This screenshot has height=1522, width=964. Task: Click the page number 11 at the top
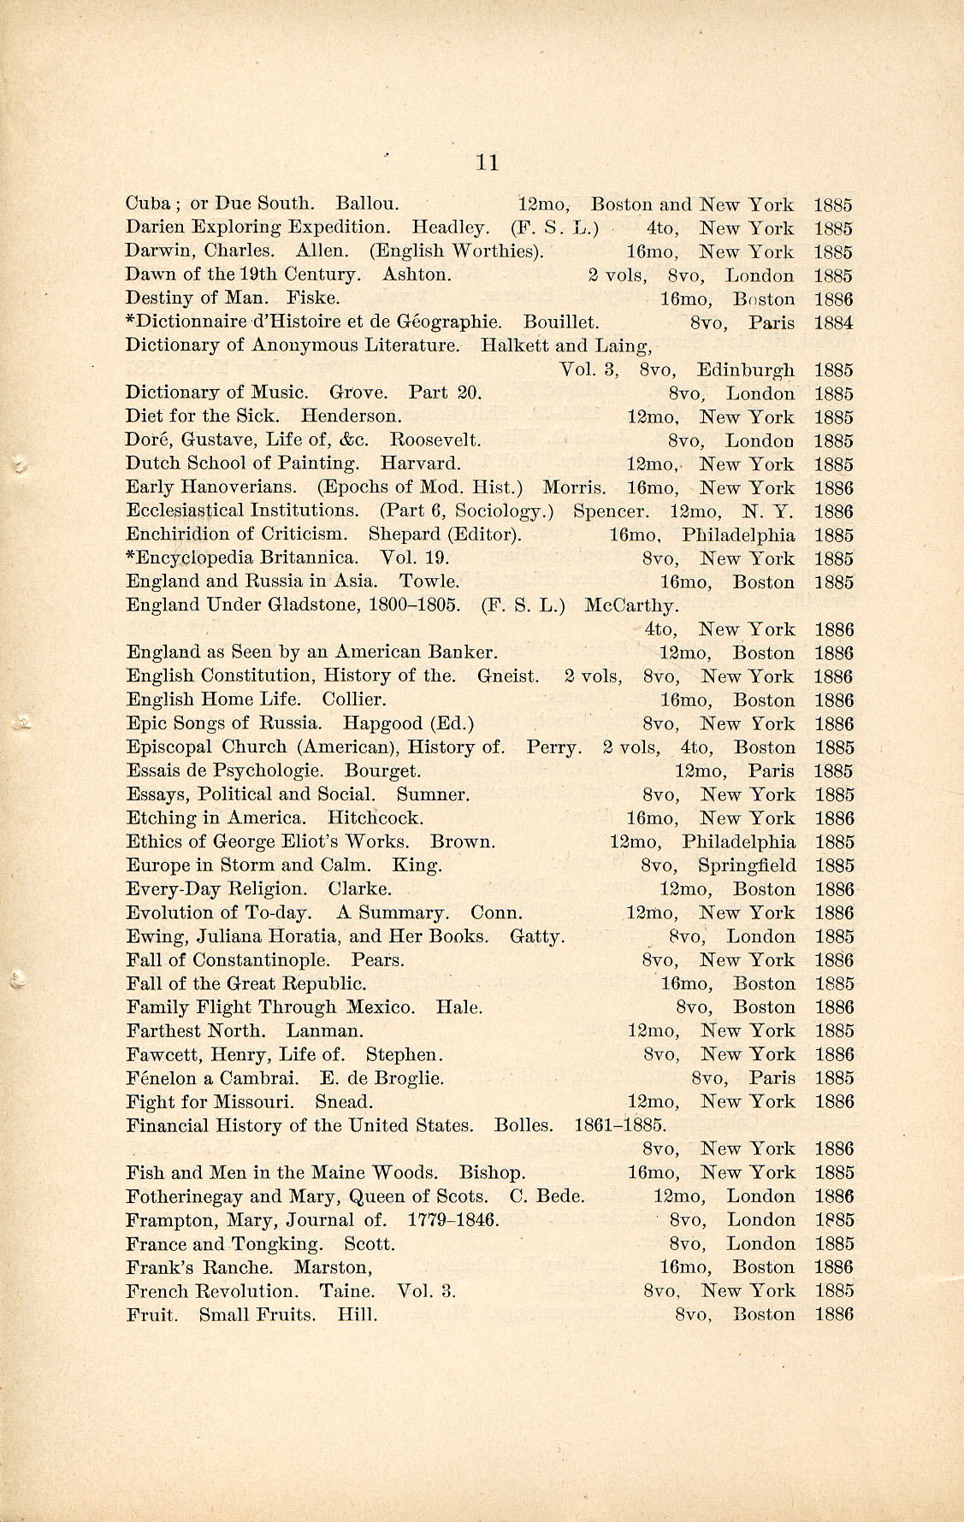(487, 162)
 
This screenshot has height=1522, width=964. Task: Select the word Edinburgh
(745, 370)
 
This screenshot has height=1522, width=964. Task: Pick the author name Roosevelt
(435, 441)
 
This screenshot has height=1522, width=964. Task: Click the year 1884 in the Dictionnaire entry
(833, 323)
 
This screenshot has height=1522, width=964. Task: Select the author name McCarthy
(631, 606)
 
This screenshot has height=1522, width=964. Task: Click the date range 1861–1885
(620, 1125)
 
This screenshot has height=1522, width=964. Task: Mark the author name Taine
(346, 1291)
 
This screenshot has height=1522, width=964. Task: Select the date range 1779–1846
(453, 1220)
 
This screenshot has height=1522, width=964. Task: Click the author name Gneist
(508, 676)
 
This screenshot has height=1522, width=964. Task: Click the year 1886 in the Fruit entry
(834, 1314)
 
